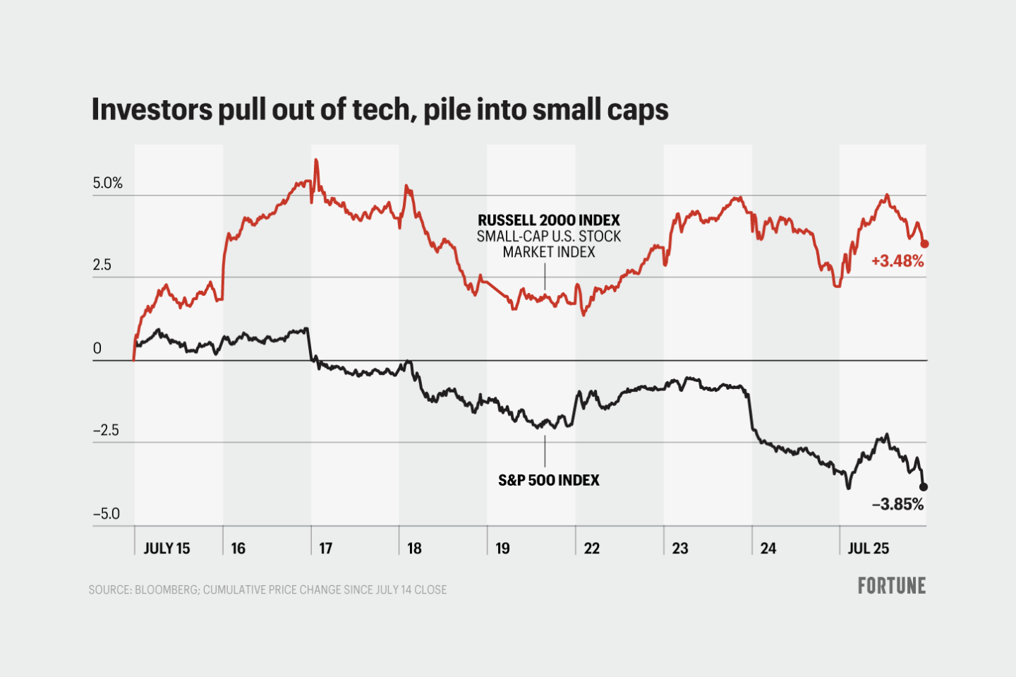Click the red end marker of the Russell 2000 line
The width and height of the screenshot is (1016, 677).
[x=925, y=244]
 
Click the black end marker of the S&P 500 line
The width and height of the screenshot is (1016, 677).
[x=924, y=486]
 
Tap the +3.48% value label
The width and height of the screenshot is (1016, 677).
[x=897, y=261]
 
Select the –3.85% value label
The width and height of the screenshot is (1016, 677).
[x=897, y=504]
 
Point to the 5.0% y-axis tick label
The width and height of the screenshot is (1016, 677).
[x=107, y=184]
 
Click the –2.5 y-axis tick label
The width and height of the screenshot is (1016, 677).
[x=106, y=431]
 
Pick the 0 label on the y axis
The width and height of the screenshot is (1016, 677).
[x=97, y=348]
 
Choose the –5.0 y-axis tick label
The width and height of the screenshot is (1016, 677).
[x=106, y=514]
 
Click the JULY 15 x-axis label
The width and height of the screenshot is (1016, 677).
[x=167, y=549]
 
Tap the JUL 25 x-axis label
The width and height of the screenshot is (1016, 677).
[x=868, y=549]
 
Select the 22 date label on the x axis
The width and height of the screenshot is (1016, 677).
[x=591, y=549]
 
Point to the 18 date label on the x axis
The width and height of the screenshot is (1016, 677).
[x=414, y=549]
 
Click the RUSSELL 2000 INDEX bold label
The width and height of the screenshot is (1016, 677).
[x=548, y=220]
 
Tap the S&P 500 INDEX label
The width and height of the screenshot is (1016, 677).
[x=548, y=480]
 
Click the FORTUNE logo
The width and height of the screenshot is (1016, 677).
[x=891, y=586]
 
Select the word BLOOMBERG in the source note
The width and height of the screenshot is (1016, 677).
[x=166, y=589]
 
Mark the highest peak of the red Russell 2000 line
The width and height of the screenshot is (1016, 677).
[x=315, y=161]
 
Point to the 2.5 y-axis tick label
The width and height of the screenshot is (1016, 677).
[x=102, y=265]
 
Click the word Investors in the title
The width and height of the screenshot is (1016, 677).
[x=152, y=110]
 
